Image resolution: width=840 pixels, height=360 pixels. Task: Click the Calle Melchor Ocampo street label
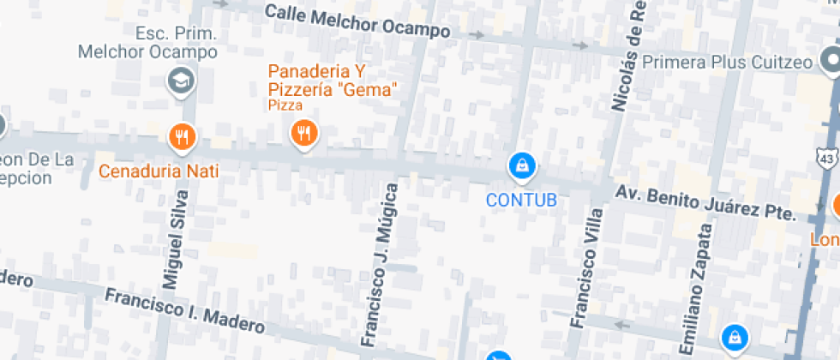(x=357, y=21)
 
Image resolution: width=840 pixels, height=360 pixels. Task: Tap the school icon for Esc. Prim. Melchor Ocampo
(x=181, y=81)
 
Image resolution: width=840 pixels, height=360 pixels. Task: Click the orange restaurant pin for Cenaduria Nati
(x=181, y=135)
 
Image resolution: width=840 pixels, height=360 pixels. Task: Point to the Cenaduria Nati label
(x=159, y=171)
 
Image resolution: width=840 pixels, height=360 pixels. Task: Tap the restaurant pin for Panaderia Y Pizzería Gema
(x=303, y=132)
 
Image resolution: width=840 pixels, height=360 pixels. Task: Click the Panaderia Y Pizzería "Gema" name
(x=333, y=80)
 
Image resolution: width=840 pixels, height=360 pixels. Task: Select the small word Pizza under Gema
(x=285, y=105)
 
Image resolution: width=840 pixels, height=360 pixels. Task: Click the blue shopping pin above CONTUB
(x=521, y=165)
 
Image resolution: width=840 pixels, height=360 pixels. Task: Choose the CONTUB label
(x=521, y=201)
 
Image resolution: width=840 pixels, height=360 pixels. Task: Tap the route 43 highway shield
(x=825, y=159)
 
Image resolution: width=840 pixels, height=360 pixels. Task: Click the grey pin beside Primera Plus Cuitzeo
(x=830, y=60)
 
